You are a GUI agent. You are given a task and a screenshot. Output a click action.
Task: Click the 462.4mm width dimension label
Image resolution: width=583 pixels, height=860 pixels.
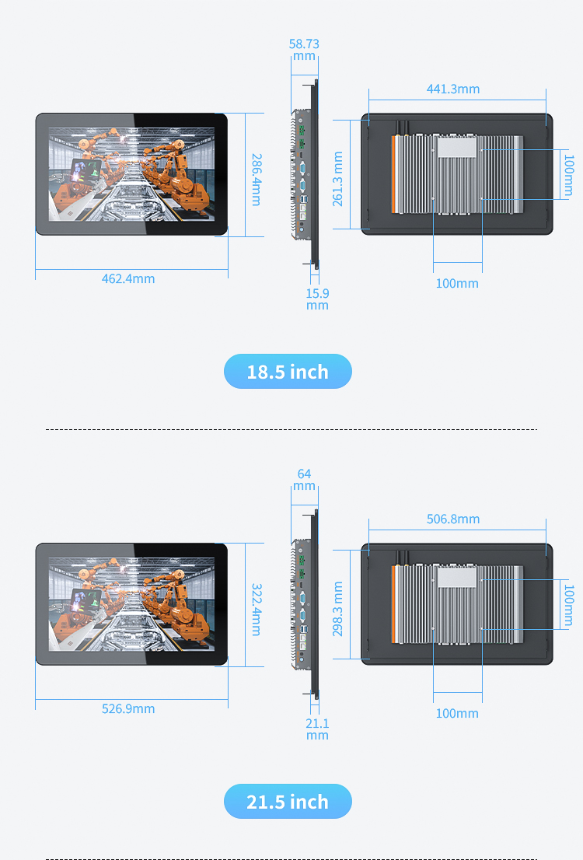[128, 278]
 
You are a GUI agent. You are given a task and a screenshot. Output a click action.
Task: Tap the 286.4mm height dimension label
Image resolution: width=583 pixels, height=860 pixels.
[256, 180]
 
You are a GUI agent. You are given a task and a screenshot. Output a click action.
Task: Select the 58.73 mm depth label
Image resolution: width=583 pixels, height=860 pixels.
[304, 50]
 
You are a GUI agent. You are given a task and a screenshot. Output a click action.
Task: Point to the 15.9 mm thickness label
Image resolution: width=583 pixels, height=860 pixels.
[317, 299]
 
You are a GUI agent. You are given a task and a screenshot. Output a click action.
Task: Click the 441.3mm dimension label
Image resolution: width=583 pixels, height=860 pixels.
[453, 89]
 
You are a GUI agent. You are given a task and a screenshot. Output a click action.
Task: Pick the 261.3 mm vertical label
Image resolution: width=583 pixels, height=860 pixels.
[338, 179]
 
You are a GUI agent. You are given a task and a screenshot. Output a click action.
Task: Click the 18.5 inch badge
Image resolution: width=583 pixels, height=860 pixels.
[288, 372]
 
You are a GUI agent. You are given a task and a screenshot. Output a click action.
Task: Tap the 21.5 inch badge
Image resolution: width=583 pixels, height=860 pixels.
[288, 802]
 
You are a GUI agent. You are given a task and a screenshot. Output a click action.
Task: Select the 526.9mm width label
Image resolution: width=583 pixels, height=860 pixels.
[128, 708]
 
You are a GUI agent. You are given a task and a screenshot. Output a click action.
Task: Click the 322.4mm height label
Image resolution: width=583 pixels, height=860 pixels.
[256, 610]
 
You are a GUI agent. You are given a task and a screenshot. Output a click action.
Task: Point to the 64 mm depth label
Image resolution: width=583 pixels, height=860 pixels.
[304, 480]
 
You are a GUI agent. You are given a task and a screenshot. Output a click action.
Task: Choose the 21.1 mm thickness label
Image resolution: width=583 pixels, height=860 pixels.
[317, 729]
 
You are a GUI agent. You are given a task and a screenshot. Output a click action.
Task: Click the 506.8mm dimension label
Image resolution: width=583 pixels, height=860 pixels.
[453, 519]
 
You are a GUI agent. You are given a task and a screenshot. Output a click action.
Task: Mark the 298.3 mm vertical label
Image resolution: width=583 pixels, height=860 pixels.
[338, 609]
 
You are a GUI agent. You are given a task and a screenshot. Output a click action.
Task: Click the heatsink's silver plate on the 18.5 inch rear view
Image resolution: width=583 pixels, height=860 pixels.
[457, 148]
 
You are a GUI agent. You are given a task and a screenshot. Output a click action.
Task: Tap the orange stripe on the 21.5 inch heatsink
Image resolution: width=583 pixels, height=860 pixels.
[394, 604]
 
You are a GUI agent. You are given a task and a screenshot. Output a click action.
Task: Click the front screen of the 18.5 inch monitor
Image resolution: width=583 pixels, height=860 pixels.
[131, 174]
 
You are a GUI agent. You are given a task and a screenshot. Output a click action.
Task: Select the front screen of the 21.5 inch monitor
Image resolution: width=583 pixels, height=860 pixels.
[131, 604]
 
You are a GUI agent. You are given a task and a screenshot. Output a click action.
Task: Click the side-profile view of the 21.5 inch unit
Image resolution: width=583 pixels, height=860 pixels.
[305, 604]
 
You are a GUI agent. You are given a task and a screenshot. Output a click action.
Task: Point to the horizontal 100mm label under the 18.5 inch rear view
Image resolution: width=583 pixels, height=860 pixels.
[457, 284]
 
